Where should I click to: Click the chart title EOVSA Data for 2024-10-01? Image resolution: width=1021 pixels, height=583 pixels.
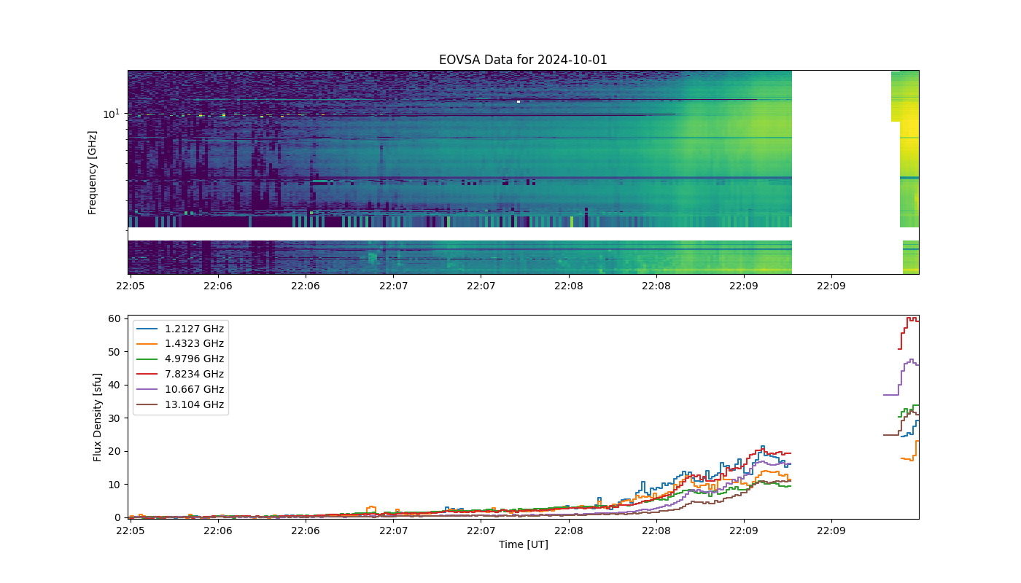pos(523,60)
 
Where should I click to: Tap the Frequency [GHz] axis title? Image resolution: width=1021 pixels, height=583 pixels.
pos(92,173)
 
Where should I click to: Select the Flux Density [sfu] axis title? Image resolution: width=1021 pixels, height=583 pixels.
pos(96,417)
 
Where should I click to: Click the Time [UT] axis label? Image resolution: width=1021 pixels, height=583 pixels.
pos(524,544)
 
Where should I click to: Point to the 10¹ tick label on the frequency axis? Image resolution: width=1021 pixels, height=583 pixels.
pos(111,114)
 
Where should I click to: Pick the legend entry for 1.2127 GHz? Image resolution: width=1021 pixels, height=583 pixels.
pos(180,329)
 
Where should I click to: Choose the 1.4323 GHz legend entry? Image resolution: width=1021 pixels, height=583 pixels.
pos(180,343)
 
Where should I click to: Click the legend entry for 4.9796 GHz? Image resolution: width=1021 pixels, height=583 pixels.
pos(180,359)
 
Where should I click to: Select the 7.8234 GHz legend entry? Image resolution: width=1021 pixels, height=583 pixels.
pos(180,374)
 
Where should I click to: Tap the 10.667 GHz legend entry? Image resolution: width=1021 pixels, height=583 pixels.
pos(180,389)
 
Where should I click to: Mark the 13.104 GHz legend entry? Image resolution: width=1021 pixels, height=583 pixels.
pos(180,404)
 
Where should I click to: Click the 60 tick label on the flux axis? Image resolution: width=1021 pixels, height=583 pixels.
pos(114,319)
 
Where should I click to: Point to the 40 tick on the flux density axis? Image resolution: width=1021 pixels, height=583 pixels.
pos(114,385)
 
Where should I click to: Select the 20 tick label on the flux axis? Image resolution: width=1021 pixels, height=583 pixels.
pos(114,451)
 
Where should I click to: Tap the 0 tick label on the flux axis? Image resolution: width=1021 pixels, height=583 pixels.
pos(117,517)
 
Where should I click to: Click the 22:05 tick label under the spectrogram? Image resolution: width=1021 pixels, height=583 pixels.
pos(131,286)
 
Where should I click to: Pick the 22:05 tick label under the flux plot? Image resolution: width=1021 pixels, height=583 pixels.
pos(131,531)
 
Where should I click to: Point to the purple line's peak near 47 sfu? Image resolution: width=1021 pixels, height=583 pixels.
pos(912,360)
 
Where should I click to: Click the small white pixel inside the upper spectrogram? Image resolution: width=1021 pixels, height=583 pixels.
pos(519,101)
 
